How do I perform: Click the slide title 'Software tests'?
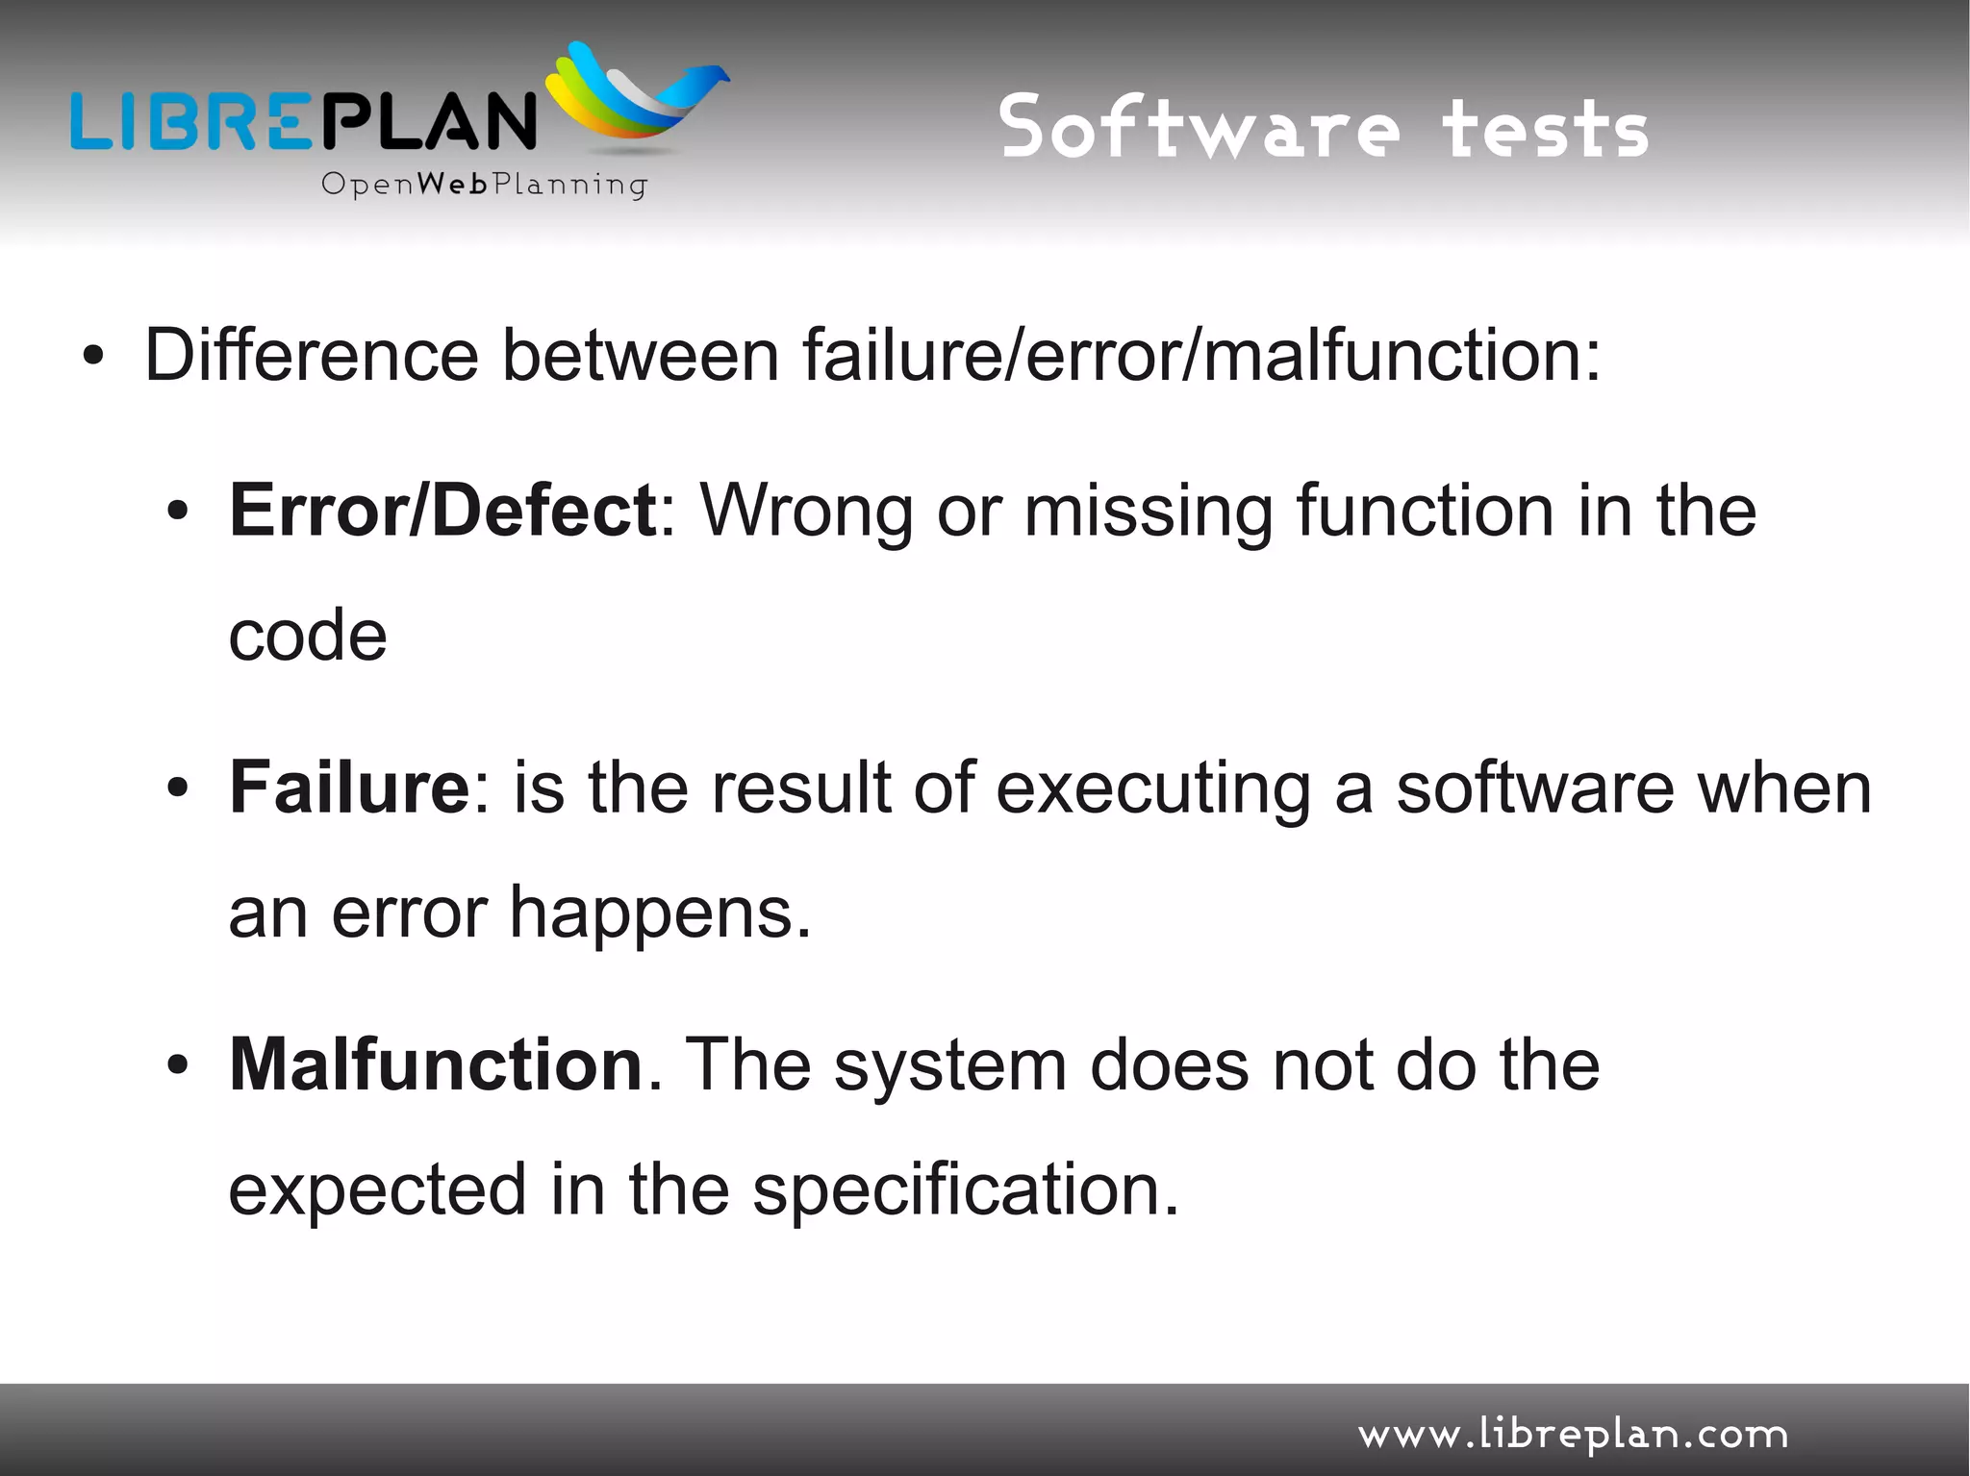coord(1324,128)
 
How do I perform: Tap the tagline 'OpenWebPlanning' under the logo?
coord(484,184)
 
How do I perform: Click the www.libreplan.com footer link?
coord(1573,1435)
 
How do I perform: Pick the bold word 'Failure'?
coord(349,788)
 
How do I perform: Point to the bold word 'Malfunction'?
coord(436,1064)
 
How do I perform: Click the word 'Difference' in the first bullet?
coord(311,355)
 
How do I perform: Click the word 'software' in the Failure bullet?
coord(1535,788)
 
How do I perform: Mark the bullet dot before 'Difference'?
coord(92,357)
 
